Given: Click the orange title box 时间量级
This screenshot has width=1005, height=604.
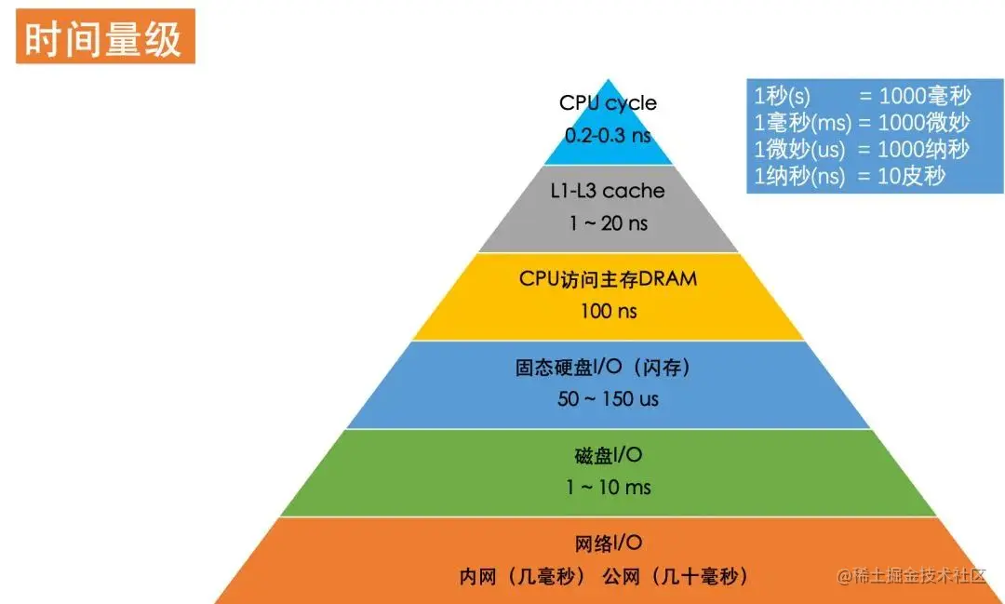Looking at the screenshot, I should tap(104, 37).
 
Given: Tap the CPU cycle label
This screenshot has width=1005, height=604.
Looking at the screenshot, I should tap(608, 102).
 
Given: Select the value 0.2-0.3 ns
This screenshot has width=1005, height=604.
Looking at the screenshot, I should tap(608, 134).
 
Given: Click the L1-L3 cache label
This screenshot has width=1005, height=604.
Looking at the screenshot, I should tap(608, 191).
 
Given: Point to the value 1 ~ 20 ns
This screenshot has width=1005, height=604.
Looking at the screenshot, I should tap(608, 223).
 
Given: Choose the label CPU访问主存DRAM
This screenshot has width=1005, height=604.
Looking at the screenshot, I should tap(608, 278).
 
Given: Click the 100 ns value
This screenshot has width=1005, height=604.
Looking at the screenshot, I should tap(608, 311).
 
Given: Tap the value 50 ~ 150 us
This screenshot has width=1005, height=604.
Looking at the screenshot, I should tap(608, 399).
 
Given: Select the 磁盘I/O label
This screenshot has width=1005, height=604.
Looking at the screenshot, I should tap(608, 455).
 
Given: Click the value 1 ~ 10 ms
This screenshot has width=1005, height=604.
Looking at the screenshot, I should tap(608, 487).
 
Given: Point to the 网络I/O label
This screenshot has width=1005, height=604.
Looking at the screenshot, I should tap(608, 544).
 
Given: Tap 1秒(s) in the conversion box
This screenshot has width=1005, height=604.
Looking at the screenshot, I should tap(781, 95).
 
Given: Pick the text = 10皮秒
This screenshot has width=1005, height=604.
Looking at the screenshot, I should tap(902, 175).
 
